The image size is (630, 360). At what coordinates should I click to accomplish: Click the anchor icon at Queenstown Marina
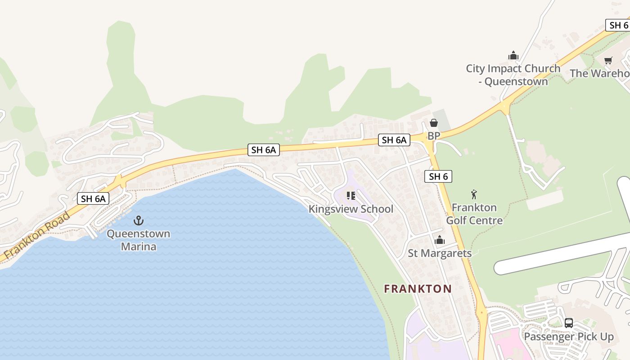coord(139,220)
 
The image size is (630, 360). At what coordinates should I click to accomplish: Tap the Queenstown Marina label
coord(139,240)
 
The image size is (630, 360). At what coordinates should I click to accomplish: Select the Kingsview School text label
coord(351,209)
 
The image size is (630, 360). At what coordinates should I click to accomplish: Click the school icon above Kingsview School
coord(351,196)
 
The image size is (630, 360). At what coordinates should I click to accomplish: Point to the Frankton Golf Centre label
coord(474,214)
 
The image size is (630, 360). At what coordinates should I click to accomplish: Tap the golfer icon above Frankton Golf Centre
coord(473,194)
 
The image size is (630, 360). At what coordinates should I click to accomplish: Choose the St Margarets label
coord(440,253)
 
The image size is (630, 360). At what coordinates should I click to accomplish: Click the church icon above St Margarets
coord(440,240)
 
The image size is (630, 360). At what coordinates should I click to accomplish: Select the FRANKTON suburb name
coord(418,289)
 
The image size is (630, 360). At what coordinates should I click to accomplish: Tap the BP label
coord(434,136)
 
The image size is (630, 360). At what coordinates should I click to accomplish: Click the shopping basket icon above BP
coord(434,123)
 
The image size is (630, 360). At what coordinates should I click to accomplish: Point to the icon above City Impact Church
coord(513,56)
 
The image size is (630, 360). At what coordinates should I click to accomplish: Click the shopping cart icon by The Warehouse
coord(608,60)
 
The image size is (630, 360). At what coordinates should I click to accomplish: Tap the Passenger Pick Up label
coord(569,337)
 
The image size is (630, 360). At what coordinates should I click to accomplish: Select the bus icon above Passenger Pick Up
coord(569,323)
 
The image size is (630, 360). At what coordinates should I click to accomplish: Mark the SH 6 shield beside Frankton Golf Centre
coord(438,176)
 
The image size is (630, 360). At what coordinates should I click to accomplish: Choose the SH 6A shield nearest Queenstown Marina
coord(93,198)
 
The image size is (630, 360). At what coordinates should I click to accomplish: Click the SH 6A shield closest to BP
coord(394,140)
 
